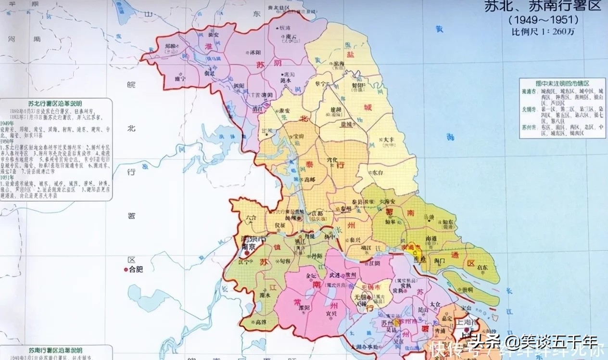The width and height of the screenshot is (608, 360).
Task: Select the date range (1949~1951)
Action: pos(543,20)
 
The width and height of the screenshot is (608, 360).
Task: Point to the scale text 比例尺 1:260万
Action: pos(543,31)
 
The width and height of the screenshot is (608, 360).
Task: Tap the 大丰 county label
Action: pos(389,140)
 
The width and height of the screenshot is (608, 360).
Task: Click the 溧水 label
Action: pos(264,295)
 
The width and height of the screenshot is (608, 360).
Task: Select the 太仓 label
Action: pos(435,304)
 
